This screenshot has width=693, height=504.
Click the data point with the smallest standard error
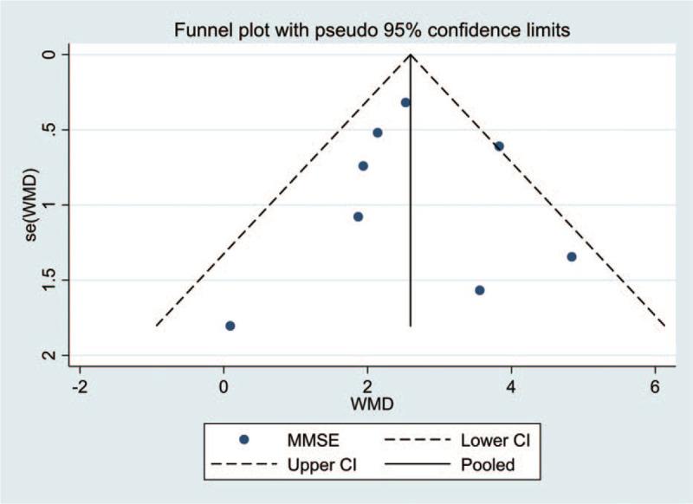[405, 102]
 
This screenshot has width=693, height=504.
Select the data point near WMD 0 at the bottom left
[230, 326]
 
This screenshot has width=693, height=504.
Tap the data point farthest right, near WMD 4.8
[572, 256]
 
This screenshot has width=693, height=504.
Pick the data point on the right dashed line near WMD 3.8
[499, 145]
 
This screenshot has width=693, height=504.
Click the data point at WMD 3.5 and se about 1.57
[480, 289]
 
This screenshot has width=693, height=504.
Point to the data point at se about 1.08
[358, 216]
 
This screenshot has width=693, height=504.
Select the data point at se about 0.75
[363, 165]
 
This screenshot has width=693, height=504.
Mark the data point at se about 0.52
[378, 132]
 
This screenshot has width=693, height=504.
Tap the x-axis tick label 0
[223, 385]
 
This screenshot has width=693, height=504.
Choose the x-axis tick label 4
[511, 385]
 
